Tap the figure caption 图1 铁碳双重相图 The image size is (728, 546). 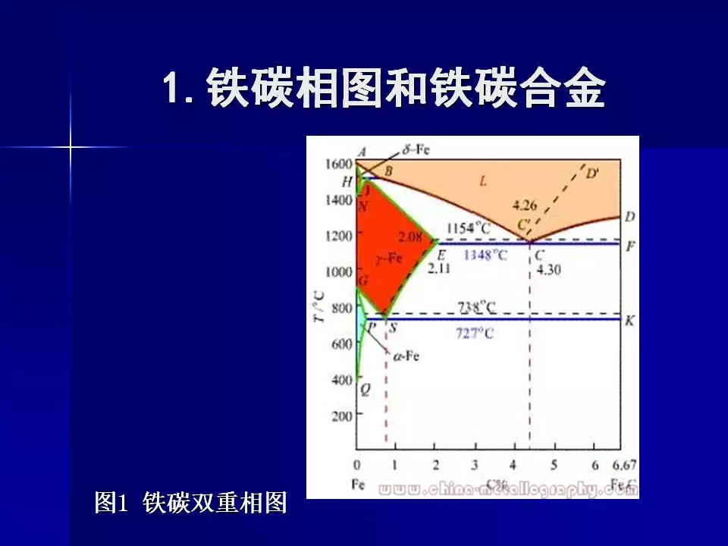[x=190, y=502]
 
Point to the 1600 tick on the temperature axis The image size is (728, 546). [x=338, y=163]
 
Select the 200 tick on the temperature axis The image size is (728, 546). [x=341, y=416]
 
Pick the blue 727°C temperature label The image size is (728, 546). [x=475, y=334]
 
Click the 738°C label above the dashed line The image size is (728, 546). [x=476, y=306]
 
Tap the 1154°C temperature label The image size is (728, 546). [x=467, y=227]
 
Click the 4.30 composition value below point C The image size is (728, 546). [x=548, y=269]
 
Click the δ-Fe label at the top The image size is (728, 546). [x=416, y=149]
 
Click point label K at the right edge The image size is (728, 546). [x=629, y=320]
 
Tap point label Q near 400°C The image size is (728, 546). [x=365, y=390]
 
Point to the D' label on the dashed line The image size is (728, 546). [x=591, y=173]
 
